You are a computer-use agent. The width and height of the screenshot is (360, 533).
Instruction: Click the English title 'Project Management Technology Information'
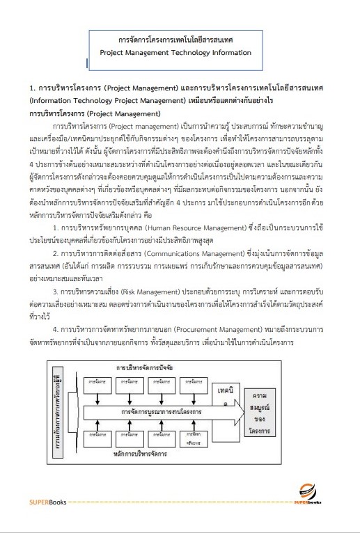[175, 52]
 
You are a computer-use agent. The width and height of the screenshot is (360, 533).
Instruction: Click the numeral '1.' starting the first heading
[32, 89]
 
